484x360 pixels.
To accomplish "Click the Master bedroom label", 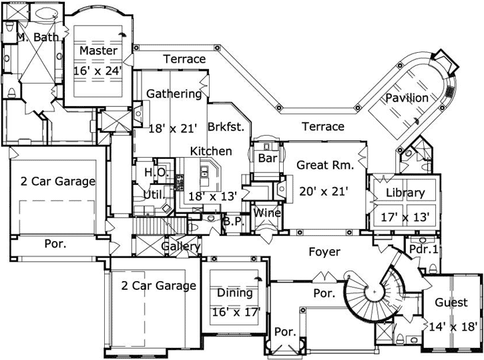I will pyautogui.click(x=98, y=51).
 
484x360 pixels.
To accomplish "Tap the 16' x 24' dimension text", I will pyautogui.click(x=98, y=70).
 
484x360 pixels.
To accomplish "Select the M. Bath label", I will pyautogui.click(x=37, y=37).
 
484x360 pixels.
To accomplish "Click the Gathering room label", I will pyautogui.click(x=174, y=94).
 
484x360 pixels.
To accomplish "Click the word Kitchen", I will pyautogui.click(x=211, y=152).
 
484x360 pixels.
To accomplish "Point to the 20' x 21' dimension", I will pyautogui.click(x=323, y=191).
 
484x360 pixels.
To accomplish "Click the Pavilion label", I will pyautogui.click(x=407, y=98).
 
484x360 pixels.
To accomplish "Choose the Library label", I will pyautogui.click(x=406, y=193).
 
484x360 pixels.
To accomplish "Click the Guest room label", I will pyautogui.click(x=451, y=303).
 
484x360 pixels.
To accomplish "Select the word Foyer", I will pyautogui.click(x=324, y=252).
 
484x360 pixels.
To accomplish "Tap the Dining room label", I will pyautogui.click(x=235, y=293).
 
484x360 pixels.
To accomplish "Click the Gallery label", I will pyautogui.click(x=181, y=247).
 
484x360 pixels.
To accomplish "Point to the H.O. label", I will pyautogui.click(x=154, y=172).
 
